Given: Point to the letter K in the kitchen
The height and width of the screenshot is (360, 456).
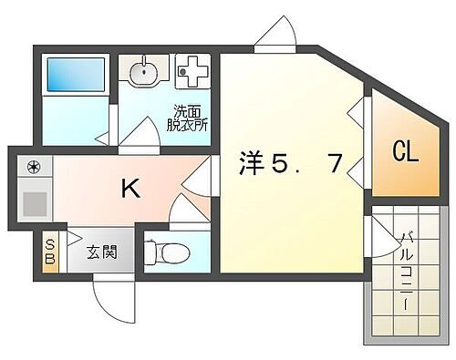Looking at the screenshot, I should coord(131,189).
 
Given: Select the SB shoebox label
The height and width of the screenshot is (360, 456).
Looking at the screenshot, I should coord(50,251).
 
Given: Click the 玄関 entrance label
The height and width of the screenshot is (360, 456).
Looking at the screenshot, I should coord(100,252).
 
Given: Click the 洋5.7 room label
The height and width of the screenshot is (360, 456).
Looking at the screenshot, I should coord(292,165).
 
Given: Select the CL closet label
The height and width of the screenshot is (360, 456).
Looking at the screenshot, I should coord(406,151).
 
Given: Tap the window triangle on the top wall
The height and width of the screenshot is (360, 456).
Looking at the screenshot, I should coord(274,36).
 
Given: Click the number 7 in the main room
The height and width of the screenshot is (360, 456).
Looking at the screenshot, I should coord(335,165).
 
